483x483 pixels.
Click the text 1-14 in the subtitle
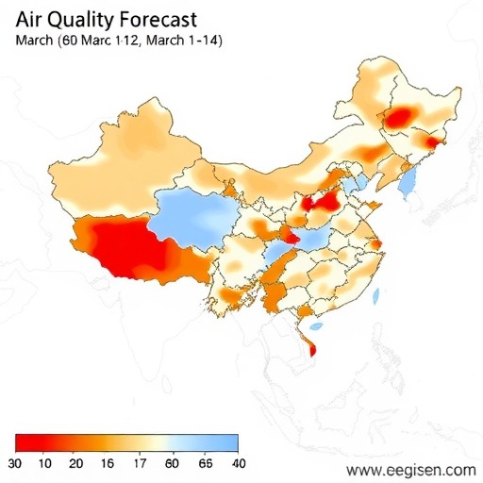[x=204, y=41]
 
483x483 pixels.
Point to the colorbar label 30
[x=15, y=463]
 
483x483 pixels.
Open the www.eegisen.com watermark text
[x=411, y=469]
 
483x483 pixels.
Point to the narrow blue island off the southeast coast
[x=375, y=297]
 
